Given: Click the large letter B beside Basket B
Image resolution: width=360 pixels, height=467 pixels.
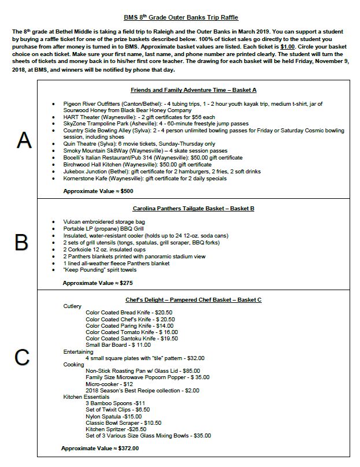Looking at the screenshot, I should (x=21, y=243).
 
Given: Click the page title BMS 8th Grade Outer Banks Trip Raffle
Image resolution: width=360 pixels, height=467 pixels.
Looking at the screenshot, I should (x=180, y=18).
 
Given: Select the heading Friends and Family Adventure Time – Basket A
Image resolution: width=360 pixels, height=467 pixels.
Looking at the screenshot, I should (x=194, y=90).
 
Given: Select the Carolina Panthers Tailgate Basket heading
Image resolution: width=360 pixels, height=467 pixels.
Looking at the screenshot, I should (x=194, y=208).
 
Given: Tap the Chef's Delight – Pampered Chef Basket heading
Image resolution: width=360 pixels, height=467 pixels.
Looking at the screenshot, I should (x=194, y=299).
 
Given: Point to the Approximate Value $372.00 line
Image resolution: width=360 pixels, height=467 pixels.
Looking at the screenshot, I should (x=99, y=448).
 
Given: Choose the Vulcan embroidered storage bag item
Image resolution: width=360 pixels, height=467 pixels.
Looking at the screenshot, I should (x=104, y=221).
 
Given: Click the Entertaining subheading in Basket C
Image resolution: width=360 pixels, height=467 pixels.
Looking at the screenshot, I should (x=78, y=351).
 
